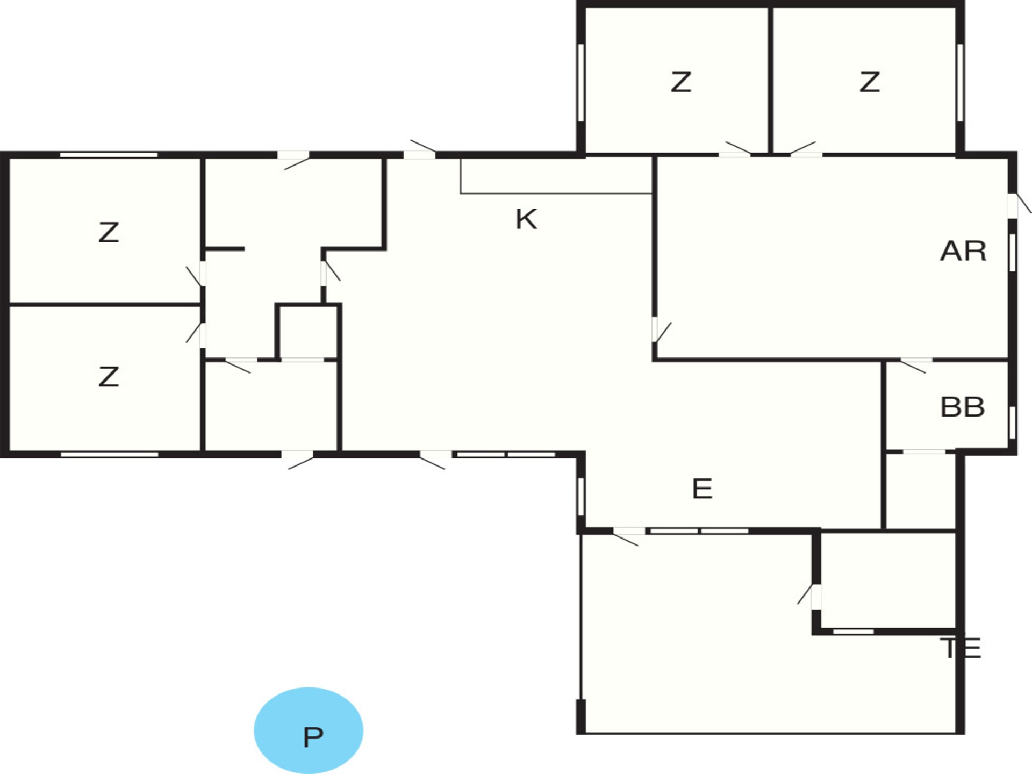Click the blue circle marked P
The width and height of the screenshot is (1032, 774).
309,730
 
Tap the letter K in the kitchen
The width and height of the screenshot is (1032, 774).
526,219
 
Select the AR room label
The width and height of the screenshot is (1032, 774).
963,251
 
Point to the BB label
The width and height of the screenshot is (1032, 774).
963,407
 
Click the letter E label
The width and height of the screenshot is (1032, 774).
703,489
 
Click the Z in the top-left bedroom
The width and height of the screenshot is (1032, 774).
109,232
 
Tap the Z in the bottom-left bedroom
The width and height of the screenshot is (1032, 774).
109,377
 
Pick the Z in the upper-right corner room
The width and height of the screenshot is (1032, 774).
869,82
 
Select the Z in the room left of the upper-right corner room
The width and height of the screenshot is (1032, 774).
680,82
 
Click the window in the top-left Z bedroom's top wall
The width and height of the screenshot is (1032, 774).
109,155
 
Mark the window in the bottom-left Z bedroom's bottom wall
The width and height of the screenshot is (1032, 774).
110,455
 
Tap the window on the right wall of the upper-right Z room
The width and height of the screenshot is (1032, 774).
960,82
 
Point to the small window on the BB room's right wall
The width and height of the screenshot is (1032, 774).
1012,422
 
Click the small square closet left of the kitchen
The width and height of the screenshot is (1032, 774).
307,332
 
